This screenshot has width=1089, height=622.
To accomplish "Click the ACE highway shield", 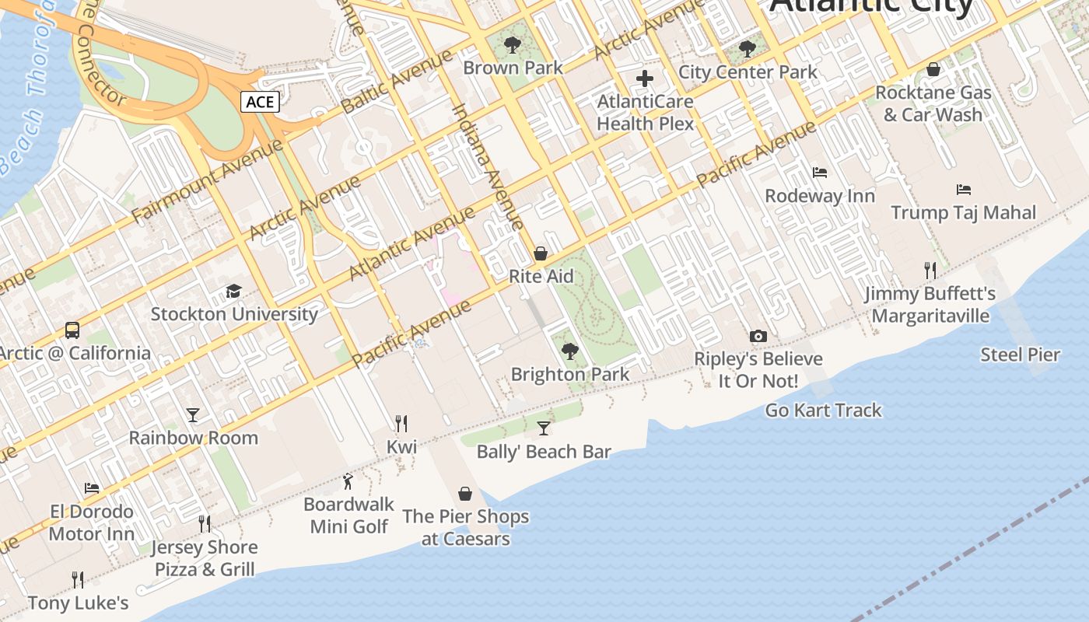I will (x=260, y=102).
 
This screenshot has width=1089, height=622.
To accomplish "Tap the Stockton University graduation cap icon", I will (x=233, y=292).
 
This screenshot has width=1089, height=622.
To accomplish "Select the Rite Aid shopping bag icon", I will (x=541, y=253).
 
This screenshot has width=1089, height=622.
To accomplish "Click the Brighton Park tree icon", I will (x=570, y=351).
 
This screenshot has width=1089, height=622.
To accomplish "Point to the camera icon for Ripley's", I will (x=758, y=336).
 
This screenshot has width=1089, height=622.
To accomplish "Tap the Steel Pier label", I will (x=1020, y=355).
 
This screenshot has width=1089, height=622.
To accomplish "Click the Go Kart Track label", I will (x=823, y=411).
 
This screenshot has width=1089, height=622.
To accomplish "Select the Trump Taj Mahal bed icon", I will (x=963, y=190).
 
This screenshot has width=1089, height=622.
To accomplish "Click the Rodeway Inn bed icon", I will (x=819, y=173).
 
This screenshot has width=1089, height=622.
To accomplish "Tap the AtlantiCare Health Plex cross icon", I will (x=645, y=79).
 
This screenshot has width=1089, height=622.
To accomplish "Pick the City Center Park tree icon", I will (x=747, y=49).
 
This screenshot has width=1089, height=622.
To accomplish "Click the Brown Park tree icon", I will (x=512, y=45).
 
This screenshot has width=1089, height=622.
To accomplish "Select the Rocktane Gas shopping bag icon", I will (x=933, y=69).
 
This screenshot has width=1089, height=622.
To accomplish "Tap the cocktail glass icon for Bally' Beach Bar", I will (x=544, y=428).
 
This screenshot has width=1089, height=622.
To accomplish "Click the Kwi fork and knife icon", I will (x=401, y=424).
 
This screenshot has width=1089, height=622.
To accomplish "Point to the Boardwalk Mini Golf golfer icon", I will (x=348, y=481).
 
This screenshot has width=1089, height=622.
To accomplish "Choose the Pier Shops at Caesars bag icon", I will (x=465, y=494).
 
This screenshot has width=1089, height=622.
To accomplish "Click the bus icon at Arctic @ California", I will (x=72, y=330).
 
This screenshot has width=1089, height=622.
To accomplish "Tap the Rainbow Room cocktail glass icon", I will (x=193, y=415).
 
